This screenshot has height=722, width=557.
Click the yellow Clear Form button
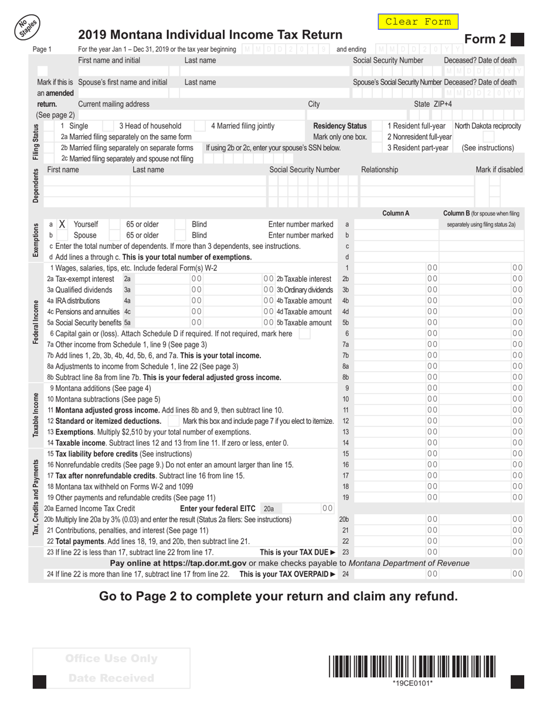point(417,22)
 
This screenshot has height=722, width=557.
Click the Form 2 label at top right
point(485,39)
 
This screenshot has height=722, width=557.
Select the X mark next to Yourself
point(62,224)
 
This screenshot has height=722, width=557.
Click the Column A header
point(396,213)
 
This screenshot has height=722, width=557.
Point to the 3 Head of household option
point(150,126)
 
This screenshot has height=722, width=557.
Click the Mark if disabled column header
point(499,170)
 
